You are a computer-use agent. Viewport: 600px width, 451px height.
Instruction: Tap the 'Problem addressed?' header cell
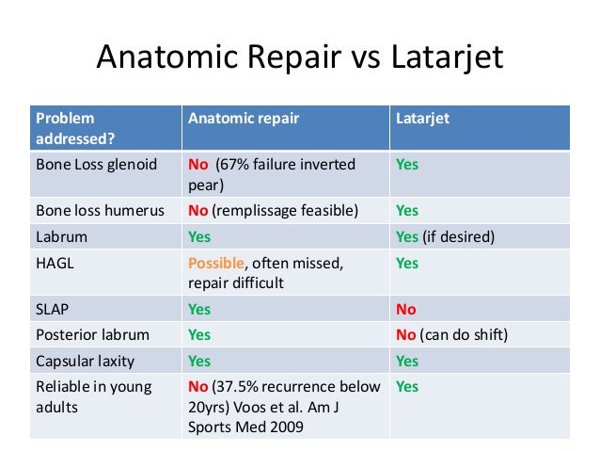click(x=70, y=128)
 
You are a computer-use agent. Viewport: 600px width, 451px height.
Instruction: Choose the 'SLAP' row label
click(x=53, y=309)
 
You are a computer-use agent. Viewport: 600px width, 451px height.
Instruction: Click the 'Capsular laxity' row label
click(x=84, y=360)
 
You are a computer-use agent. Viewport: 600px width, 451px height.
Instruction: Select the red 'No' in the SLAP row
click(x=406, y=309)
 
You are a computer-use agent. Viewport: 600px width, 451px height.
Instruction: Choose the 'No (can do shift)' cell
click(x=449, y=334)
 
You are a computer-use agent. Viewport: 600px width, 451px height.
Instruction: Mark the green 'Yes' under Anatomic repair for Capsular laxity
click(x=199, y=360)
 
